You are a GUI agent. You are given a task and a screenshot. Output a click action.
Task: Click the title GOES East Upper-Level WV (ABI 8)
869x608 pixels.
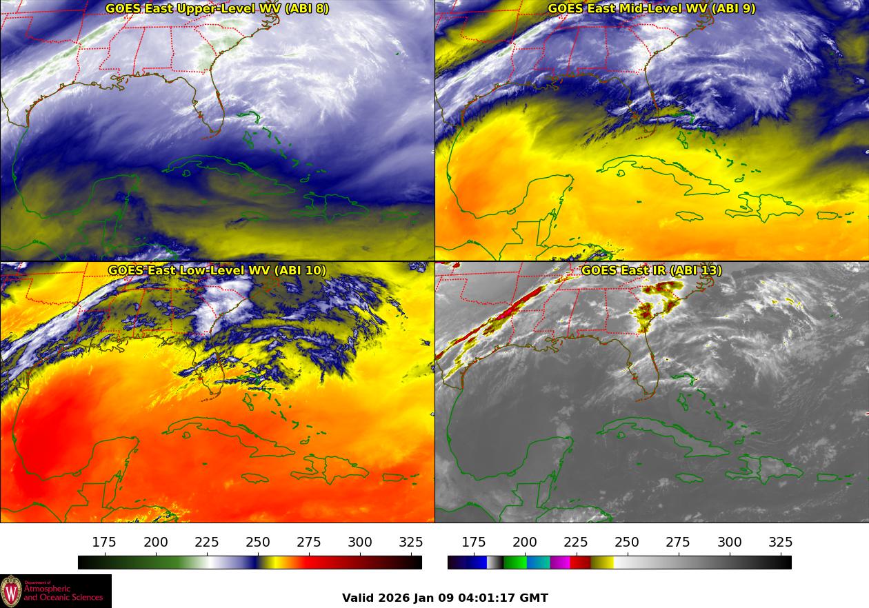217,9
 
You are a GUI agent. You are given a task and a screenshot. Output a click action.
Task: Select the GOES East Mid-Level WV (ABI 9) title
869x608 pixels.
651,9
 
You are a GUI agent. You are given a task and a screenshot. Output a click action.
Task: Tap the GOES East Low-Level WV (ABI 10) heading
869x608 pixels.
217,270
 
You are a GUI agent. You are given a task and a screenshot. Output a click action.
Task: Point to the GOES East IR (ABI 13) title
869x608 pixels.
651,270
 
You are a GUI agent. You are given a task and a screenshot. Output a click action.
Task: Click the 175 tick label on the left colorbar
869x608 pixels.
104,543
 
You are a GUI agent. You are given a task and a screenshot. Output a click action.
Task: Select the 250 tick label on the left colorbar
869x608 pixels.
258,543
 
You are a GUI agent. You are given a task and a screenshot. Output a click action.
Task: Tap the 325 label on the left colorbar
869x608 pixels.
411,543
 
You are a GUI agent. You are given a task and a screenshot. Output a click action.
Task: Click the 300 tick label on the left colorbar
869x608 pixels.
360,543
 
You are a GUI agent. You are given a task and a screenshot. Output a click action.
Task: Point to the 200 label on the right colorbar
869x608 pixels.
525,543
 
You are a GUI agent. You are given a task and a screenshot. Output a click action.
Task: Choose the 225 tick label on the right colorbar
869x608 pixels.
576,543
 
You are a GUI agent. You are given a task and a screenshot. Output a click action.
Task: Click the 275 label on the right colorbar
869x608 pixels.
678,543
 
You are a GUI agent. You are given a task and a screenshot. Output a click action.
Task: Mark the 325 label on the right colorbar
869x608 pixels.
780,543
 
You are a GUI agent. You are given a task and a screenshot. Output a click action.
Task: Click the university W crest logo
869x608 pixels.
11,591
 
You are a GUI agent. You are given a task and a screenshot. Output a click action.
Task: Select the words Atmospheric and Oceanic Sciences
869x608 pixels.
62,592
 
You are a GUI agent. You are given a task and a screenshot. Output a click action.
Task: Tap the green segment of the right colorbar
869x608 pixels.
515,563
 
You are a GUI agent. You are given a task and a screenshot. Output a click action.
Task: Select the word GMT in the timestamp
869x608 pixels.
534,598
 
